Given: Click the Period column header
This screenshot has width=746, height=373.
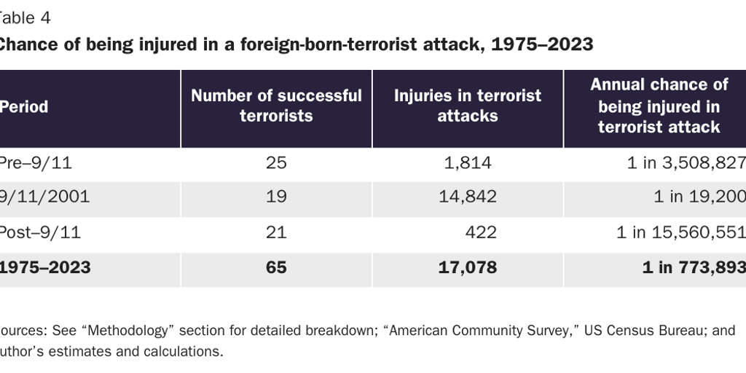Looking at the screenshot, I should (x=24, y=107).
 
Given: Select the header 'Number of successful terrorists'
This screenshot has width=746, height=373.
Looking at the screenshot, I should (x=276, y=106).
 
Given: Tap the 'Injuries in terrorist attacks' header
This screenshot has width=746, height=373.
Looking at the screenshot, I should (x=468, y=106).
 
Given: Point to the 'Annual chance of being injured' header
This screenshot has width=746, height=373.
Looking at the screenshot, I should (x=659, y=106).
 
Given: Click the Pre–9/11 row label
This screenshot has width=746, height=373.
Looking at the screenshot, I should (x=36, y=163).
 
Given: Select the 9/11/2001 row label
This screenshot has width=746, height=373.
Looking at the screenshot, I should (x=44, y=197).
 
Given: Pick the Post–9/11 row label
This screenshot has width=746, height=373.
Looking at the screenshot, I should (x=39, y=232).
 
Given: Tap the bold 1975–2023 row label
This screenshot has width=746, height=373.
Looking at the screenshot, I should (x=45, y=267).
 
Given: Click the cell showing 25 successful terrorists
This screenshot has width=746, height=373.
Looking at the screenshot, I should (x=276, y=163).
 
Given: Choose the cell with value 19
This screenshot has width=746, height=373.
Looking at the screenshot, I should (x=276, y=197).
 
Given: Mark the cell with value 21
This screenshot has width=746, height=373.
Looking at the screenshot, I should (x=276, y=232).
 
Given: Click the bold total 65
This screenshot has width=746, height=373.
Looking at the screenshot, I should (x=276, y=267).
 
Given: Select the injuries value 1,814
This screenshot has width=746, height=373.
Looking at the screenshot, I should (x=468, y=163).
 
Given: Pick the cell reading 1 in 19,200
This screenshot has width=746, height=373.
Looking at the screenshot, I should (x=695, y=197).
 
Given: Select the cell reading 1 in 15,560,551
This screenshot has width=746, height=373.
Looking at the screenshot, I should (x=680, y=232).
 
